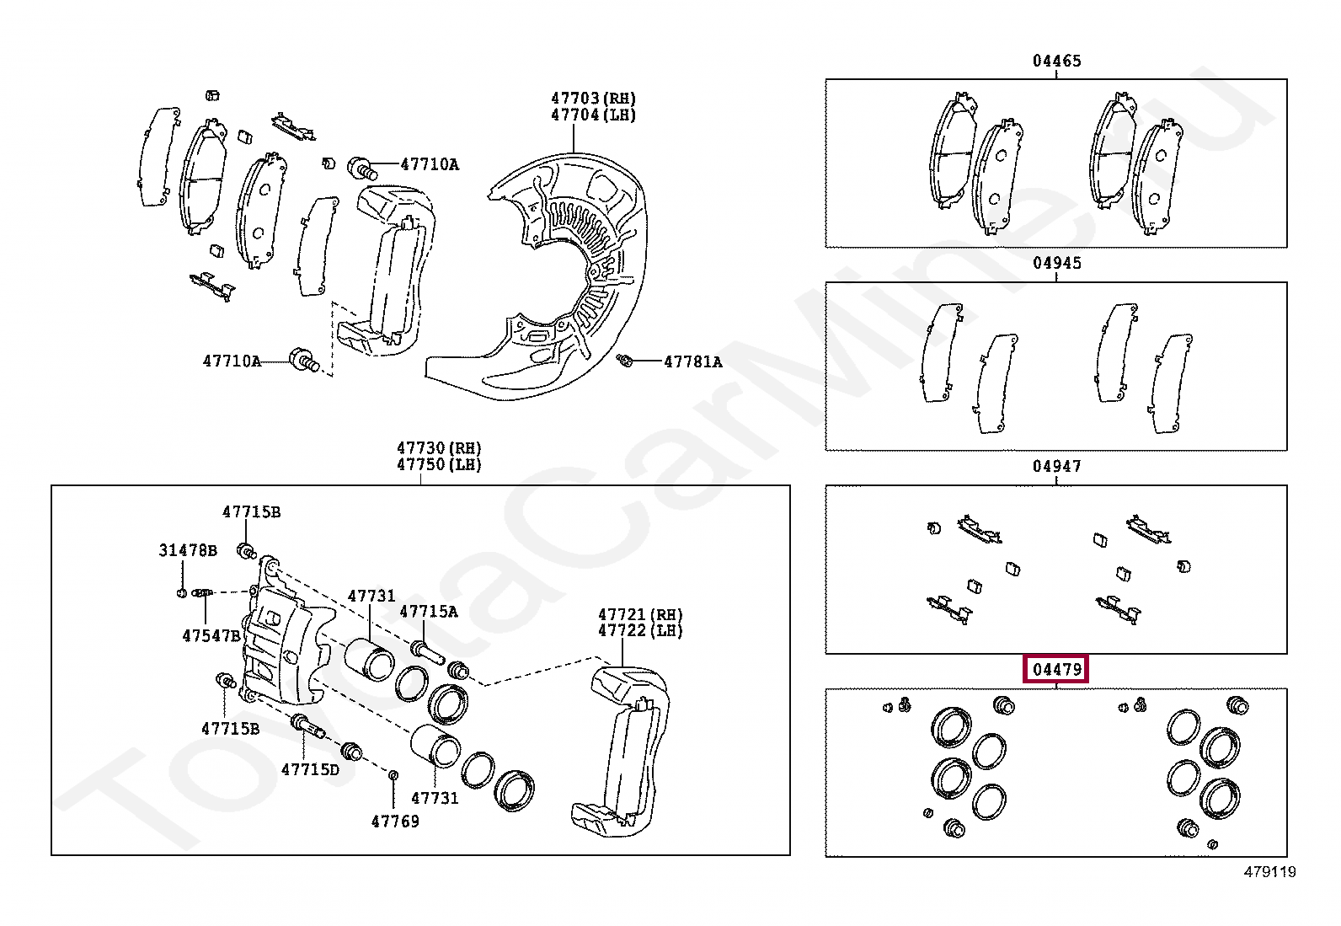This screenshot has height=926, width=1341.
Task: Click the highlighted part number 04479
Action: pyautogui.click(x=1056, y=670)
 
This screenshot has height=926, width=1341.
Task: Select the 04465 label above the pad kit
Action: pyautogui.click(x=1056, y=61)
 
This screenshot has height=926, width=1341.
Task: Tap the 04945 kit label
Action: pyautogui.click(x=1056, y=263)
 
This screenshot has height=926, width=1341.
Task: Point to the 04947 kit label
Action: pyautogui.click(x=1056, y=466)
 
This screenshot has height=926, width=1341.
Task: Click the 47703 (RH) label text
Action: pyautogui.click(x=593, y=99)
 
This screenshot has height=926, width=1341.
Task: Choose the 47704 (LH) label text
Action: pyautogui.click(x=593, y=115)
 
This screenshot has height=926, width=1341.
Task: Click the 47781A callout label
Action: pyautogui.click(x=692, y=361)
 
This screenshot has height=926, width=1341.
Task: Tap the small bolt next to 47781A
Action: pyautogui.click(x=624, y=361)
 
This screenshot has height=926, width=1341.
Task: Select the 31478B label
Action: pyautogui.click(x=188, y=550)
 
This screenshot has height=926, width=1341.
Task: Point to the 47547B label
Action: pyautogui.click(x=211, y=635)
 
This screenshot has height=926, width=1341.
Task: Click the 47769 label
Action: pyautogui.click(x=395, y=821)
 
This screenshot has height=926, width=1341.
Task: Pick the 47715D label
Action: pyautogui.click(x=310, y=768)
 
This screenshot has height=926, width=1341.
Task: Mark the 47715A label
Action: pyautogui.click(x=428, y=612)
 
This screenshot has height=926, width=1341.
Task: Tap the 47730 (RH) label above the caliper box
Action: pyautogui.click(x=439, y=447)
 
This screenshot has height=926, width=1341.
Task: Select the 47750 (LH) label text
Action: pyautogui.click(x=439, y=464)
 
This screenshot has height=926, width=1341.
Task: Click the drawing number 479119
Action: pyautogui.click(x=1269, y=872)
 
